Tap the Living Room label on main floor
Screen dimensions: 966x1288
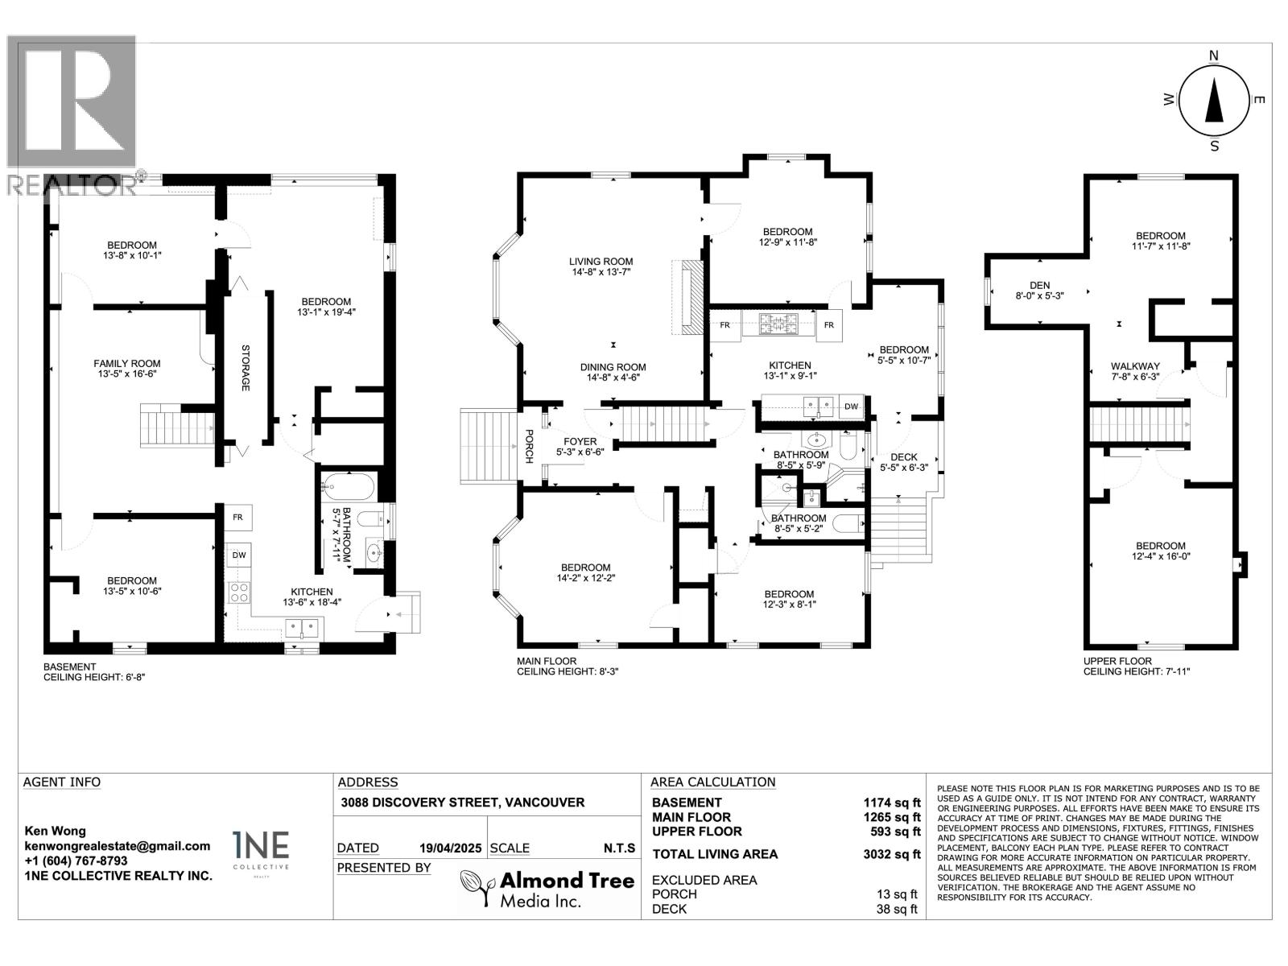[601, 262]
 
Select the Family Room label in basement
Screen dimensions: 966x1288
[127, 364]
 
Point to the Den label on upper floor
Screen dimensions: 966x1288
[1039, 284]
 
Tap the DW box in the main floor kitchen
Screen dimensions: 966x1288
[851, 407]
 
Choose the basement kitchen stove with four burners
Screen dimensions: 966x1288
[240, 592]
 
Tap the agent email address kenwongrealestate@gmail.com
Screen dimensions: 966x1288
[117, 846]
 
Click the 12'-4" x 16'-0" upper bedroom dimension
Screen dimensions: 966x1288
[1160, 556]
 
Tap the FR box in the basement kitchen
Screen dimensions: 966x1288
[238, 518]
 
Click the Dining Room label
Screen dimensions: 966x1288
[613, 367]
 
